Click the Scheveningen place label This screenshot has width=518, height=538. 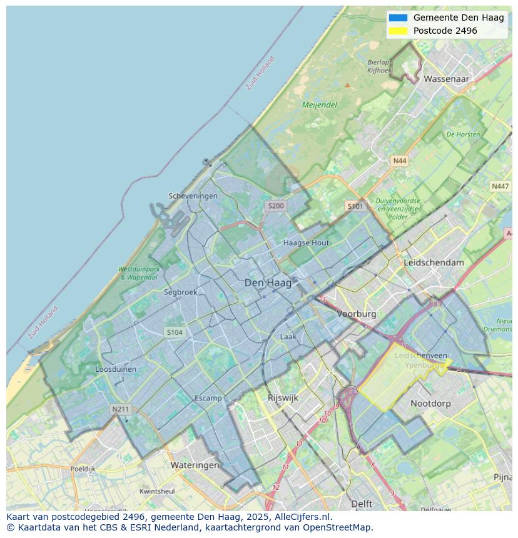pyautogui.click(x=193, y=196)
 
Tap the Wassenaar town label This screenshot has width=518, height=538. pyautogui.click(x=446, y=79)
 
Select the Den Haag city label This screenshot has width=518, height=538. pyautogui.click(x=268, y=283)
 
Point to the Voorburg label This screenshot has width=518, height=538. pyautogui.click(x=357, y=314)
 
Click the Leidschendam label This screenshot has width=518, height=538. pyautogui.click(x=434, y=262)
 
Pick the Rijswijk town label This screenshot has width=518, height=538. pyautogui.click(x=283, y=397)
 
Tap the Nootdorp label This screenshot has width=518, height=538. pyautogui.click(x=430, y=404)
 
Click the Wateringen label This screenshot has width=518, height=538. pyautogui.click(x=195, y=465)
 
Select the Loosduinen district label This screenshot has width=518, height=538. pyautogui.click(x=116, y=369)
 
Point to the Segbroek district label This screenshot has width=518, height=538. pyautogui.click(x=180, y=292)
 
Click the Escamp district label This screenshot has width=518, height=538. pyautogui.click(x=208, y=398)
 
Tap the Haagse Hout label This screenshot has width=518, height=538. pyautogui.click(x=306, y=242)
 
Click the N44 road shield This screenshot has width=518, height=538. pyautogui.click(x=399, y=161)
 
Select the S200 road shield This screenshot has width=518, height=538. pyautogui.click(x=275, y=206)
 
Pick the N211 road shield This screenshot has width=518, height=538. pyautogui.click(x=120, y=409)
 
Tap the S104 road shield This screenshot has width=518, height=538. pyautogui.click(x=175, y=332)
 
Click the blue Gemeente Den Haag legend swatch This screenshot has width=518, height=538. pyautogui.click(x=398, y=18)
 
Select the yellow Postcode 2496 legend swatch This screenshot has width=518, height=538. pyautogui.click(x=398, y=31)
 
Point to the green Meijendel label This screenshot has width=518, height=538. pyautogui.click(x=320, y=105)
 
